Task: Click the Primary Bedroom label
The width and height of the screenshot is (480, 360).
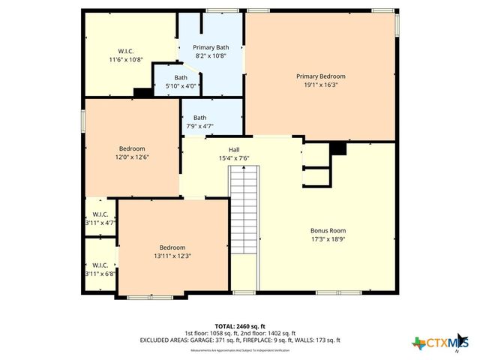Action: click(320, 76)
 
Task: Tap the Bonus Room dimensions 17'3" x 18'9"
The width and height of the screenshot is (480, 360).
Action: click(328, 240)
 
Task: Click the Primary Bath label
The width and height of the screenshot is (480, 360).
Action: click(210, 46)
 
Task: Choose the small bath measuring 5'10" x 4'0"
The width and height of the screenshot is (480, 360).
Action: click(181, 82)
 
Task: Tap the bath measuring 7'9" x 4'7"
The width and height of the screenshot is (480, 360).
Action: click(199, 122)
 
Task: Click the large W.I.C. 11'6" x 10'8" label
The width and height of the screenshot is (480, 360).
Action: click(126, 55)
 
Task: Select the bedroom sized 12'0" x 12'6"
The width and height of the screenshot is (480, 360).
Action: click(132, 153)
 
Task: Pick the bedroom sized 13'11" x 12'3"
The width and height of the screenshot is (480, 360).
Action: click(171, 252)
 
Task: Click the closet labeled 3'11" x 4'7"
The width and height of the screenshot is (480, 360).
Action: click(100, 218)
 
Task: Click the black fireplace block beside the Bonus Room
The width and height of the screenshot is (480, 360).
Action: click(338, 148)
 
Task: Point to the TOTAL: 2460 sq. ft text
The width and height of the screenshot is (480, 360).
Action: click(239, 326)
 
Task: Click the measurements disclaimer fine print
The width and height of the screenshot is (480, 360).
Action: click(239, 350)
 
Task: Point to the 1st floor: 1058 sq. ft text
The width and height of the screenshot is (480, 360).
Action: click(211, 333)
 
